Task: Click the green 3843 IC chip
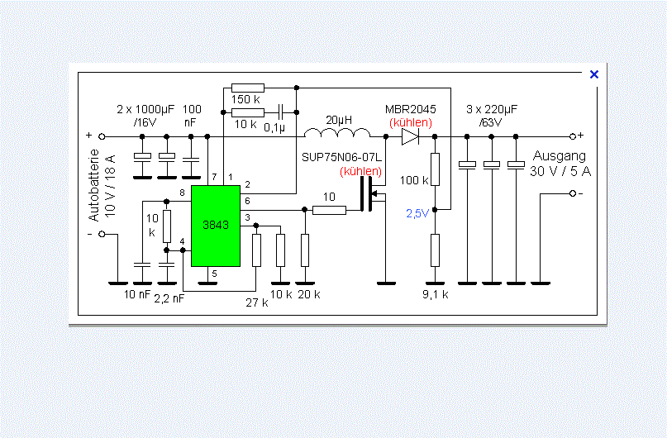pyautogui.click(x=216, y=226)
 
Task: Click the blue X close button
pyautogui.click(x=594, y=74)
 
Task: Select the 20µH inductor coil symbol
pyautogui.click(x=337, y=132)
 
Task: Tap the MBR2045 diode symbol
pyautogui.click(x=410, y=136)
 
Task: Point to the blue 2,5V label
pyautogui.click(x=417, y=213)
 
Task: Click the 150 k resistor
pyautogui.click(x=248, y=88)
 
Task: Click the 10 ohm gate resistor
pyautogui.click(x=329, y=210)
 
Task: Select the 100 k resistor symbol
pyautogui.click(x=435, y=169)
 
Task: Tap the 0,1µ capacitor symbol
pyautogui.click(x=280, y=112)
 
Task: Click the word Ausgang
pyautogui.click(x=559, y=156)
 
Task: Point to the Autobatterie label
pyautogui.click(x=93, y=185)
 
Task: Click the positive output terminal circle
pyautogui.click(x=573, y=136)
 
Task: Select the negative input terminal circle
pyautogui.click(x=102, y=234)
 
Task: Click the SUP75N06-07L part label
pyautogui.click(x=341, y=157)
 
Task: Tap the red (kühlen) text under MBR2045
pyautogui.click(x=411, y=123)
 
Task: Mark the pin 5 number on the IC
pyautogui.click(x=214, y=274)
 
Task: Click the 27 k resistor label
pyautogui.click(x=257, y=302)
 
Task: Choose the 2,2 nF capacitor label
pyautogui.click(x=169, y=299)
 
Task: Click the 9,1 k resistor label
pyautogui.click(x=436, y=294)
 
